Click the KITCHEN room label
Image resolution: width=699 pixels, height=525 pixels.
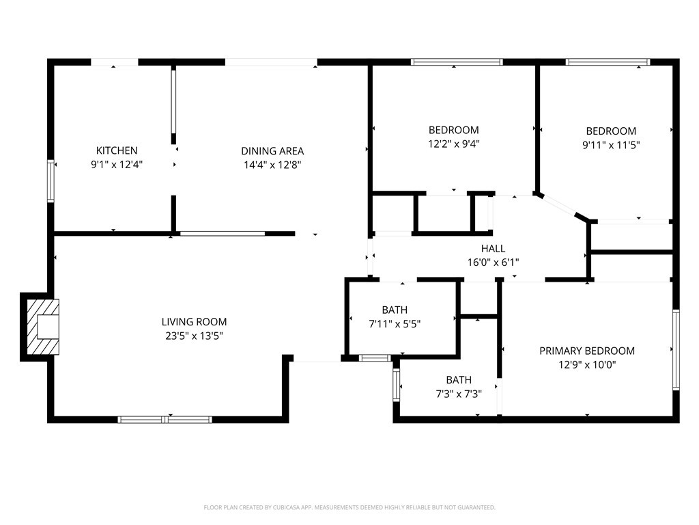pyautogui.click(x=117, y=150)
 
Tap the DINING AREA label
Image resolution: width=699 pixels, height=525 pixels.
pyautogui.click(x=272, y=151)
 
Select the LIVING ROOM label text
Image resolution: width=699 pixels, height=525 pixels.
pyautogui.click(x=194, y=321)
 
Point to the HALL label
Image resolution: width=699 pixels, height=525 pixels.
pyautogui.click(x=493, y=248)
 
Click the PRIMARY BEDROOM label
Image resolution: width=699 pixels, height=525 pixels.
pyautogui.click(x=587, y=351)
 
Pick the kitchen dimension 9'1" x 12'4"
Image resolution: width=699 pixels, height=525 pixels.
pyautogui.click(x=117, y=165)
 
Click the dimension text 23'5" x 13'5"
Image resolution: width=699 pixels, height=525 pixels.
pyautogui.click(x=194, y=336)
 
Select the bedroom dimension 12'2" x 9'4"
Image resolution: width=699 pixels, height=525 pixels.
pyautogui.click(x=454, y=144)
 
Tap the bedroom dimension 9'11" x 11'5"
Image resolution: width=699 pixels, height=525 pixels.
pyautogui.click(x=611, y=145)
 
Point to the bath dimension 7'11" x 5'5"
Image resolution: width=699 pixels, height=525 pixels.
pyautogui.click(x=395, y=324)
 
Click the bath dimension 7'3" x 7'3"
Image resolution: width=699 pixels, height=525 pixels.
pyautogui.click(x=459, y=394)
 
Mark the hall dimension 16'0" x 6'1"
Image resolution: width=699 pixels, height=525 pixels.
pyautogui.click(x=493, y=262)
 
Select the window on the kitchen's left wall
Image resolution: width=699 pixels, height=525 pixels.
pyautogui.click(x=51, y=181)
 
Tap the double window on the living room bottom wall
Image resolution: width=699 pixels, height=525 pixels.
pyautogui.click(x=165, y=420)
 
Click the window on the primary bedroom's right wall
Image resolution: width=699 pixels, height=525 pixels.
pyautogui.click(x=676, y=350)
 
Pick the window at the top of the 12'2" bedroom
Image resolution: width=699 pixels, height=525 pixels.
pyautogui.click(x=457, y=62)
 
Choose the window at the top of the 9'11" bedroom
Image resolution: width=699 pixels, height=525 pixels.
pyautogui.click(x=608, y=62)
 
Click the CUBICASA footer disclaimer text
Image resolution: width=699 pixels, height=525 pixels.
pyautogui.click(x=349, y=508)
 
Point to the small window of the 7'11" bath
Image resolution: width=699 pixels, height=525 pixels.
pyautogui.click(x=375, y=358)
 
